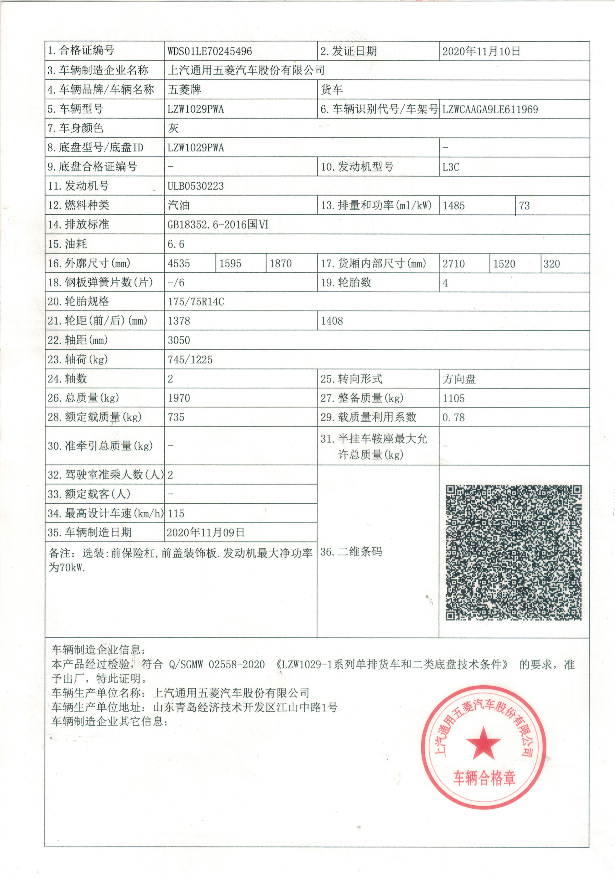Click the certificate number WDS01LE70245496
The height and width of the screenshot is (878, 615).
209,51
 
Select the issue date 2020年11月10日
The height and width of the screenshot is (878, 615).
481,51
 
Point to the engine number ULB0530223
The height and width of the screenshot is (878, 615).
196,186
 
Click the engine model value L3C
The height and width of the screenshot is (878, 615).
451,167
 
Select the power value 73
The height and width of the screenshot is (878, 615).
524,206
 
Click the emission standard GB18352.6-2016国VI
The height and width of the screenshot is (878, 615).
218,225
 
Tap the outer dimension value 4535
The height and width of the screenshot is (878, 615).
179,263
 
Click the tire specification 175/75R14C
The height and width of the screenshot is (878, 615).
196,302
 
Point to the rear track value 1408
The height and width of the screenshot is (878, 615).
332,321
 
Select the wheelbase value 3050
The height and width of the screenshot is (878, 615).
179,340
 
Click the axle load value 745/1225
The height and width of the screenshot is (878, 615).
190,360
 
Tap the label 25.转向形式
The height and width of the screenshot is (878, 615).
351,379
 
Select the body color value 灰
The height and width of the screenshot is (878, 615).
173,128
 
